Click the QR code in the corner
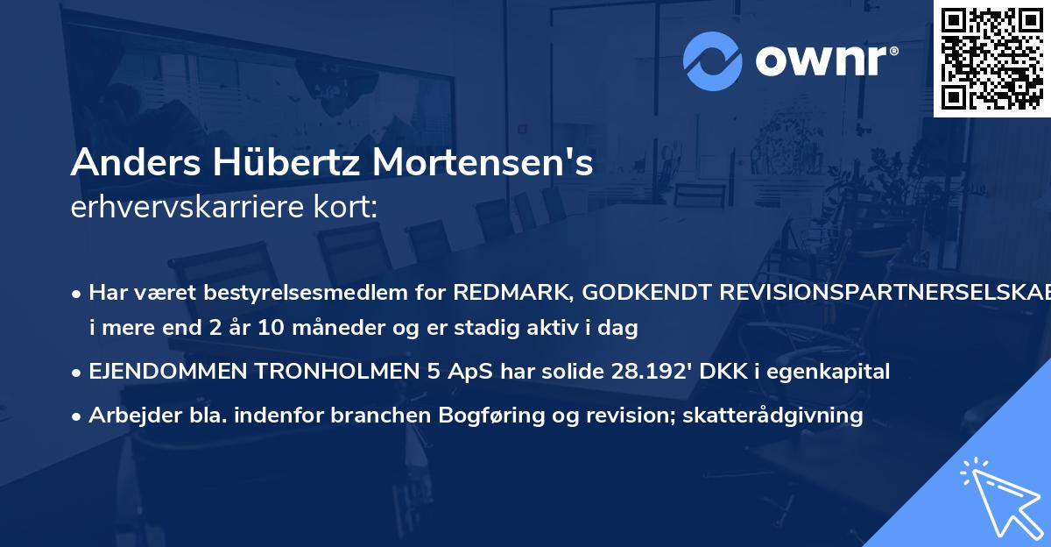pyautogui.click(x=992, y=58)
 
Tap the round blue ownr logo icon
pyautogui.click(x=713, y=60)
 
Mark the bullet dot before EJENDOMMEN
pyautogui.click(x=77, y=373)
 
